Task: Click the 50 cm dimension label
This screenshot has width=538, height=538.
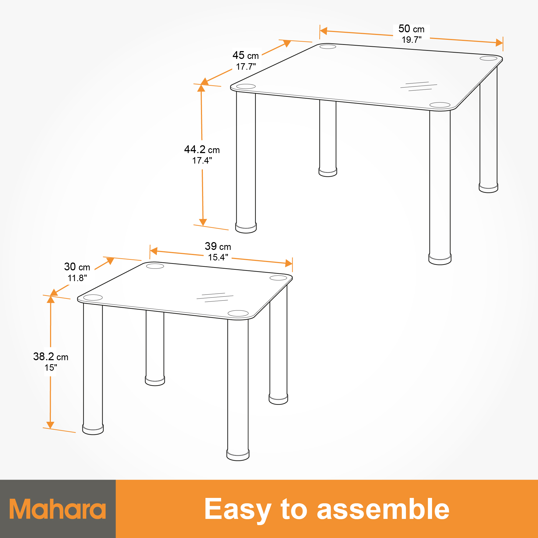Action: click(411, 29)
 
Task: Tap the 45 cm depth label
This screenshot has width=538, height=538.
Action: click(246, 55)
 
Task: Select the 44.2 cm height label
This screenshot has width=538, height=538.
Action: click(202, 150)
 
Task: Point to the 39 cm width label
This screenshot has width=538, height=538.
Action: click(218, 246)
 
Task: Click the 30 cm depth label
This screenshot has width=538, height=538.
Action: click(77, 267)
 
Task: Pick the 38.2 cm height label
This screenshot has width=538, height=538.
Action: click(51, 356)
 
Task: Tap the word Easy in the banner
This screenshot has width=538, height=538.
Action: click(238, 509)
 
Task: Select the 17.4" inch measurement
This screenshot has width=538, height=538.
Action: click(202, 161)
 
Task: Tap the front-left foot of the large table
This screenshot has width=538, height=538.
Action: click(246, 227)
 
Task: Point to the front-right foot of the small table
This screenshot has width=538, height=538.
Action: click(238, 455)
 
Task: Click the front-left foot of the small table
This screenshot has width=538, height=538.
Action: click(93, 429)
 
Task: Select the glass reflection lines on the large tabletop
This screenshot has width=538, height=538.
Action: click(419, 86)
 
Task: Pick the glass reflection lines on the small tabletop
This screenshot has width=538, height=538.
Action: click(215, 298)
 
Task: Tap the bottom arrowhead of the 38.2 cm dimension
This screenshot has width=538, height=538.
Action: click(50, 425)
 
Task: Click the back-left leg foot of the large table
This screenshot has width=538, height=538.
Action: click(328, 172)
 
